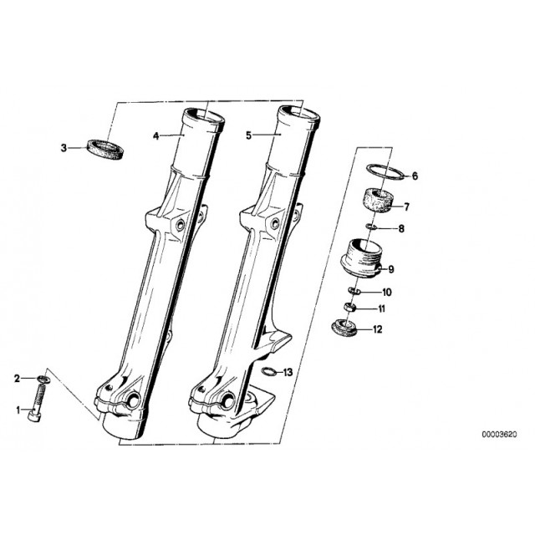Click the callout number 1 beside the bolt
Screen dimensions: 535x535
pyautogui.click(x=18, y=410)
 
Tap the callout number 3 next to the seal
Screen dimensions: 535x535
pyautogui.click(x=64, y=149)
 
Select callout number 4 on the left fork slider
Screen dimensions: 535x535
pyautogui.click(x=156, y=136)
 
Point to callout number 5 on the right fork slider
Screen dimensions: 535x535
pyautogui.click(x=248, y=135)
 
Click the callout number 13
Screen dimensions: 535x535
pyautogui.click(x=288, y=372)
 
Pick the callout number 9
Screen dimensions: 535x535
pyautogui.click(x=391, y=269)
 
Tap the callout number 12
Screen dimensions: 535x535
pyautogui.click(x=378, y=329)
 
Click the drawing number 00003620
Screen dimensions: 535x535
pyautogui.click(x=499, y=435)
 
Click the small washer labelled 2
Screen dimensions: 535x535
pyautogui.click(x=43, y=379)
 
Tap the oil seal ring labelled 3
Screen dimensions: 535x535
pyautogui.click(x=106, y=150)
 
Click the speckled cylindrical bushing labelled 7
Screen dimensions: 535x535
pyautogui.click(x=378, y=202)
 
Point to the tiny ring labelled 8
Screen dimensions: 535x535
pyautogui.click(x=371, y=227)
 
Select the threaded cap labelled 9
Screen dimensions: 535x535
pyautogui.click(x=362, y=258)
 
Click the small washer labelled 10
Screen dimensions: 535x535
pyautogui.click(x=354, y=291)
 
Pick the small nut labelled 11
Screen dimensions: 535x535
pyautogui.click(x=349, y=307)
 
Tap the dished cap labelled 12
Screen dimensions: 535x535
pyautogui.click(x=344, y=328)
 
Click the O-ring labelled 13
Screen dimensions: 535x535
pyautogui.click(x=267, y=371)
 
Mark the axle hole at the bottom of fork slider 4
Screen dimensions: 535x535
pyautogui.click(x=134, y=400)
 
